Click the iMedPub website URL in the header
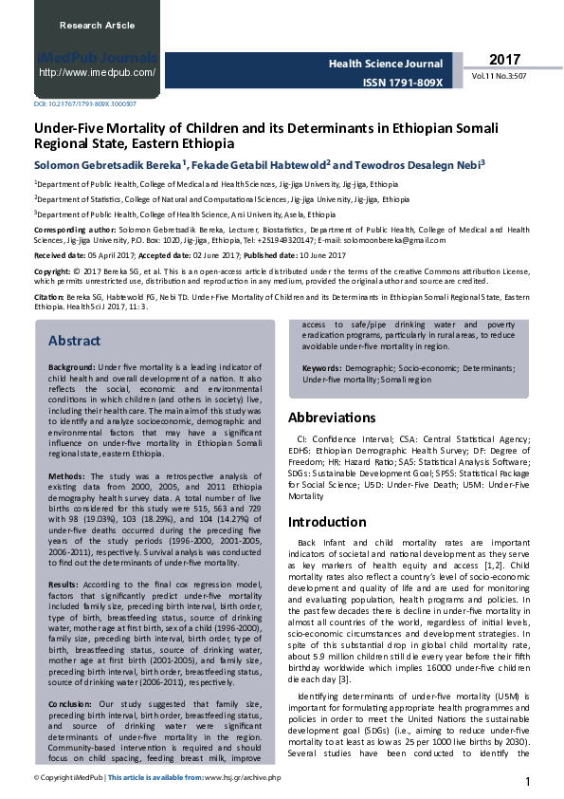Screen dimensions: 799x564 point(98,72)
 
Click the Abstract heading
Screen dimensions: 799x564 point(75,341)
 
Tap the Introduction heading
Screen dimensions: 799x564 point(328,522)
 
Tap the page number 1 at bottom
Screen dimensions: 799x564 point(527,781)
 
